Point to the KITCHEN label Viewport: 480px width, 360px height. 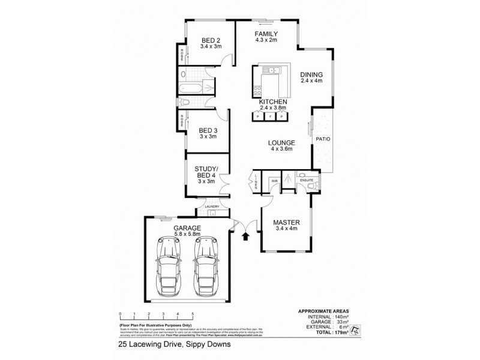click(272, 102)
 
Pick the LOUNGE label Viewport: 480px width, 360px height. click(280, 142)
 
